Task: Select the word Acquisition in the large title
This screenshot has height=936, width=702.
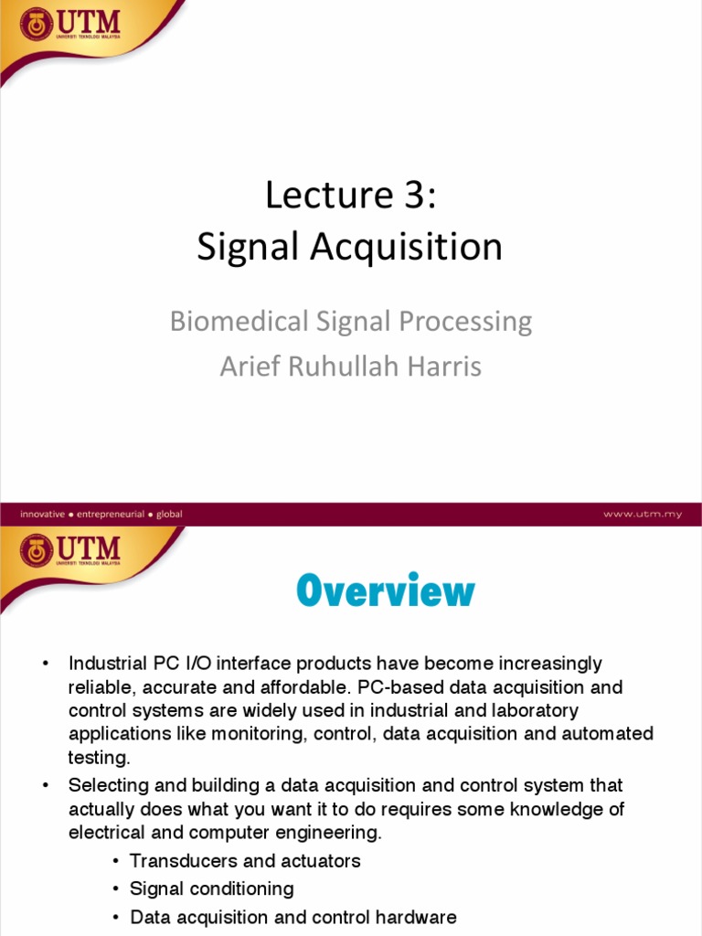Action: tap(414, 248)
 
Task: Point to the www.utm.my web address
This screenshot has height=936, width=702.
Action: tap(642, 514)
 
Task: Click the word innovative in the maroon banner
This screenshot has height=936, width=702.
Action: tap(42, 514)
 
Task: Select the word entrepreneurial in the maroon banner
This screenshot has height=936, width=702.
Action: tap(110, 514)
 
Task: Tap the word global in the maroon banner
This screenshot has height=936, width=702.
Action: tap(170, 514)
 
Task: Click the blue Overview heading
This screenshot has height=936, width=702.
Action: tap(385, 591)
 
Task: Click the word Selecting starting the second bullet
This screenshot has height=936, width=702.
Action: tap(105, 785)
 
